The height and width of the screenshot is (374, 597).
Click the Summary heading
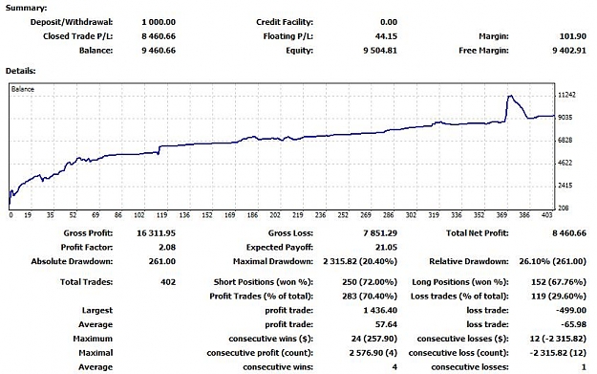[27, 8]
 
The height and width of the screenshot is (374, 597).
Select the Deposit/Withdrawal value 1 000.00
[159, 22]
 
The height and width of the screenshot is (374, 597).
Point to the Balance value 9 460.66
[159, 51]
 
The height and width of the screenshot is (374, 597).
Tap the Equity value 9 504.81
[379, 51]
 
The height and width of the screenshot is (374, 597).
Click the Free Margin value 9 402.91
[569, 51]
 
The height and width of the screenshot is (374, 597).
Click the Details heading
[21, 71]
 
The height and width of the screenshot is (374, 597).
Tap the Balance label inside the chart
[23, 89]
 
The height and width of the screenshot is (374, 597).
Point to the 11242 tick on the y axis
[567, 95]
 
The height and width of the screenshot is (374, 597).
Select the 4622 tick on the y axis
[565, 163]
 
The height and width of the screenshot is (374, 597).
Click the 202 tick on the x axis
[275, 215]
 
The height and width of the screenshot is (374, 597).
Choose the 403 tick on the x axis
[546, 215]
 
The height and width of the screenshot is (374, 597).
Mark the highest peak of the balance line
[511, 96]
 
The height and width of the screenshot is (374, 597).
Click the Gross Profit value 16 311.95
[156, 233]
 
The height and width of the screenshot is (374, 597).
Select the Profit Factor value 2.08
[167, 247]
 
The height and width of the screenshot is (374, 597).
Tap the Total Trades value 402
[168, 282]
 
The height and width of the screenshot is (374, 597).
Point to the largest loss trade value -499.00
[571, 310]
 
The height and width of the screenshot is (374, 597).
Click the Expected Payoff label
[280, 248]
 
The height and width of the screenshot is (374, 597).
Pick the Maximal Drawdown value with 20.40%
[360, 261]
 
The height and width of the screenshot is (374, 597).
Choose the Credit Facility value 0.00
[389, 22]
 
